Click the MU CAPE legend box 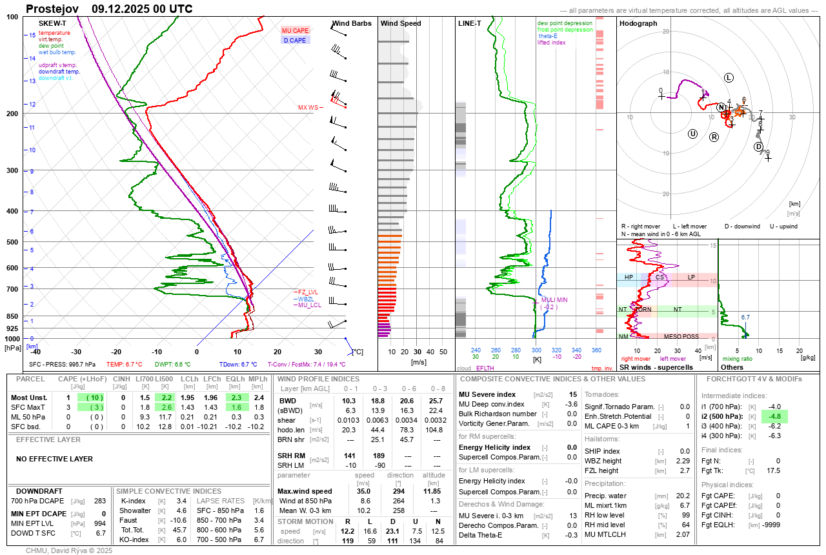[296, 30]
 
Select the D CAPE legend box [296, 40]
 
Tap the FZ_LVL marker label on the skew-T [307, 292]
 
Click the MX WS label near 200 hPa [308, 108]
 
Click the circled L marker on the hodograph [729, 77]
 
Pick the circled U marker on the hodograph [693, 134]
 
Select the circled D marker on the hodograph [758, 146]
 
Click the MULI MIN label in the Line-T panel [554, 300]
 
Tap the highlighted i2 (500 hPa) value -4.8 [775, 416]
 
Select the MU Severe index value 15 [572, 394]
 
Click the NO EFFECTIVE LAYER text [54, 459]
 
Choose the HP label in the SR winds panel [628, 277]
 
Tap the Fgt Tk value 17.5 [773, 470]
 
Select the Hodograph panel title [638, 23]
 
